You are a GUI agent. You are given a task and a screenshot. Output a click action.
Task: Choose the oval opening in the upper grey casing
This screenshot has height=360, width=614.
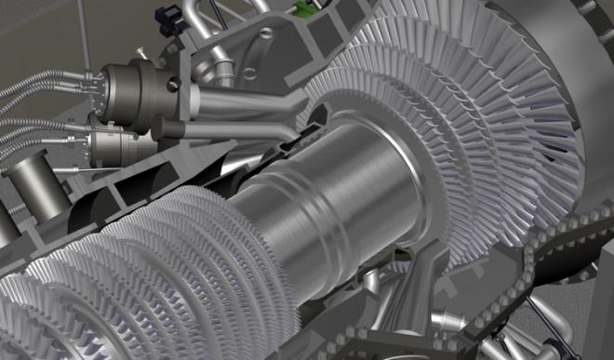coord(268,34)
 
